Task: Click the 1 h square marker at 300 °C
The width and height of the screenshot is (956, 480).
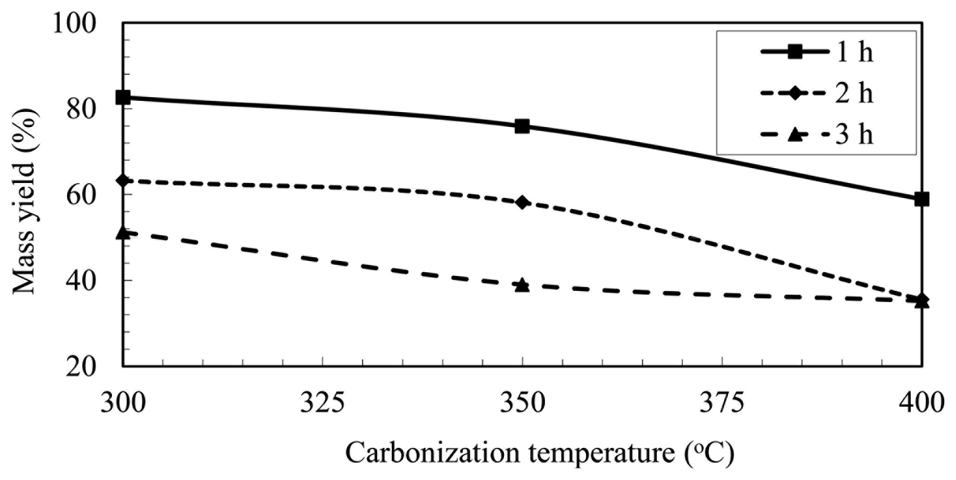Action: tap(123, 97)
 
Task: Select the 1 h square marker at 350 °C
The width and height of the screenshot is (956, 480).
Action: tap(522, 126)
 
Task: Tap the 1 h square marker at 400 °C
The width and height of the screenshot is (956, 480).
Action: tap(921, 199)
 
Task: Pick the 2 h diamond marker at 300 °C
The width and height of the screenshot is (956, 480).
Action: tap(123, 180)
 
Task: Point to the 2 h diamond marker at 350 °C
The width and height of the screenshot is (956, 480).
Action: tap(522, 202)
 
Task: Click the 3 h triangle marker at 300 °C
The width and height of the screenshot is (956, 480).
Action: tap(123, 232)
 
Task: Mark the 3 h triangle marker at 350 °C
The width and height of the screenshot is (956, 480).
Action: tap(522, 284)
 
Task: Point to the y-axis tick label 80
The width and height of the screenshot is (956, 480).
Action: tap(82, 109)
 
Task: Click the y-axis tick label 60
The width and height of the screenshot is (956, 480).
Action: tap(82, 195)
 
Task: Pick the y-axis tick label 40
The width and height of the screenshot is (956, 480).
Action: tap(82, 281)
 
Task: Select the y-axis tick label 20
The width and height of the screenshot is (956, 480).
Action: tap(82, 367)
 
